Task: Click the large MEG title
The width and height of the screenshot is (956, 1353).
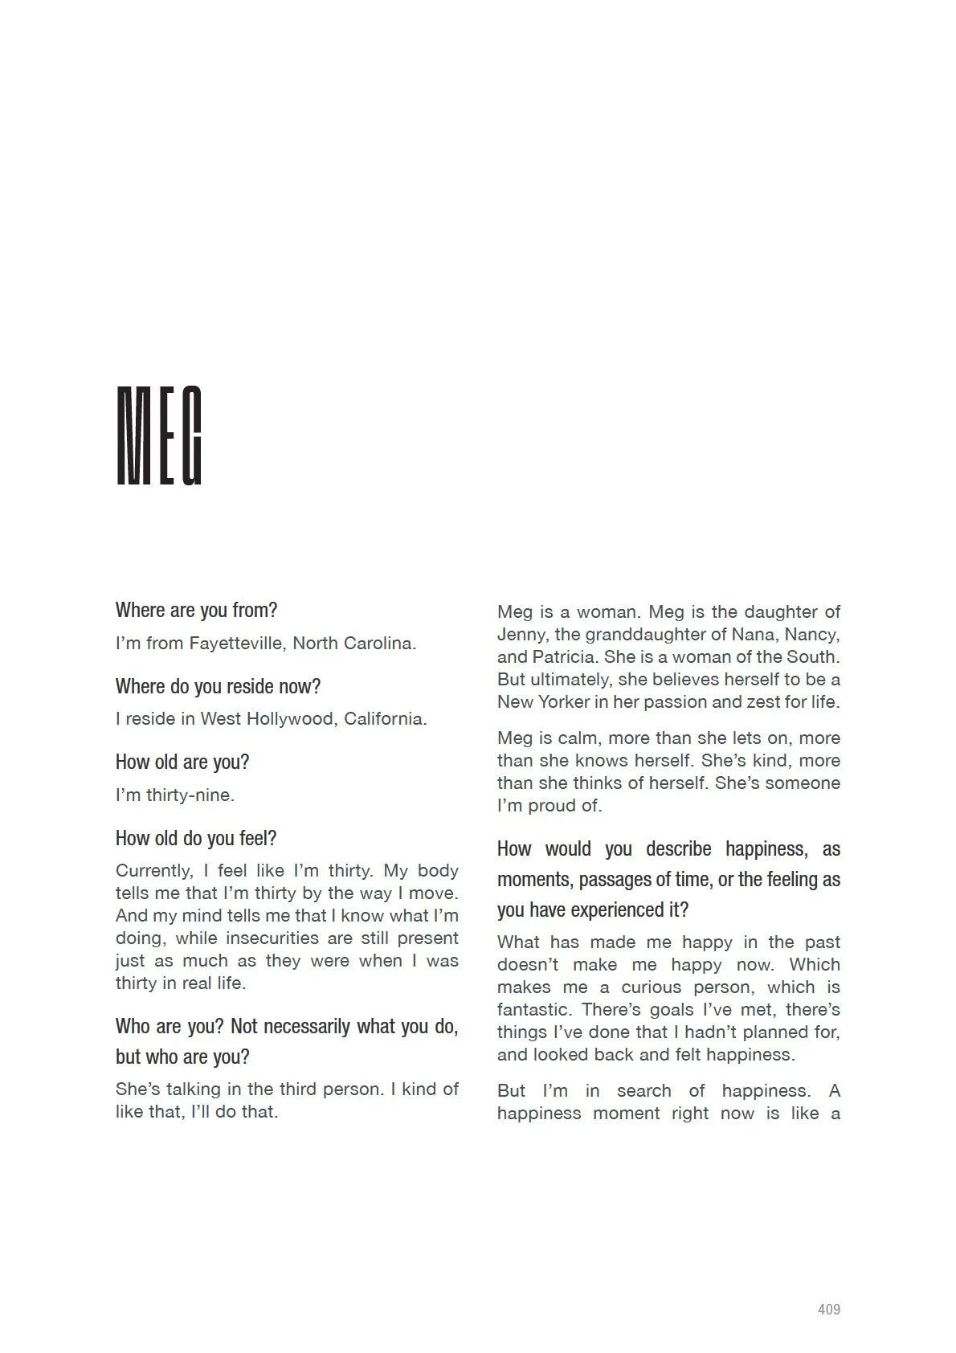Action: click(x=159, y=436)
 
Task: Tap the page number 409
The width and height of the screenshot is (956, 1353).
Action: click(x=829, y=1310)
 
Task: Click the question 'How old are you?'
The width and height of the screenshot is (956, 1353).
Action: click(x=182, y=762)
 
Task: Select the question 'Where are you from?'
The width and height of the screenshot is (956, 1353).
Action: click(x=196, y=610)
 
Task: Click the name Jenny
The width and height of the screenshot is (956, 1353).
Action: click(x=521, y=635)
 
